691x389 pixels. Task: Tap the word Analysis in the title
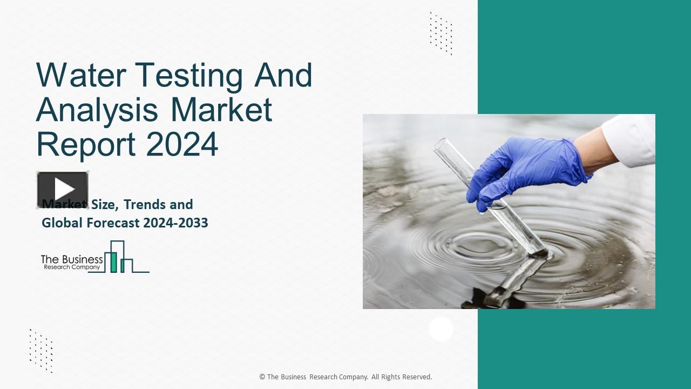point(97,110)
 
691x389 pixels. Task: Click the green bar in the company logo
point(113,261)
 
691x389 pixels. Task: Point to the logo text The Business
point(72,259)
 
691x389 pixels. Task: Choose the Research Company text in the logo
point(72,267)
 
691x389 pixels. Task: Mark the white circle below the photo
point(441,329)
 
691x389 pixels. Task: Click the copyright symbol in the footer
point(262,377)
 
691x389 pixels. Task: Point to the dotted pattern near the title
point(441,33)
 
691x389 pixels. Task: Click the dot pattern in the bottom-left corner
point(41,350)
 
